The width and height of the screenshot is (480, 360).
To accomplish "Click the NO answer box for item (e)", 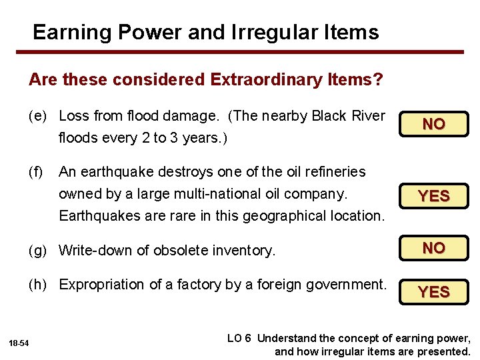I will click(x=434, y=124).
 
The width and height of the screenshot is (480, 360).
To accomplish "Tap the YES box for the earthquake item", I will click(x=434, y=196).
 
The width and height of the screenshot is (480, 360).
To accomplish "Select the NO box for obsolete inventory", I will click(x=434, y=248).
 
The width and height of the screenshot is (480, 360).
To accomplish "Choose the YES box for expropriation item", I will click(x=434, y=292).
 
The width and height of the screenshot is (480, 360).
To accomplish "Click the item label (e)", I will click(x=38, y=116).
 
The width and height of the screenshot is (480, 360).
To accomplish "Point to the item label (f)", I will click(x=37, y=172).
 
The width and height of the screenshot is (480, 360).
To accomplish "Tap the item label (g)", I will click(x=38, y=251).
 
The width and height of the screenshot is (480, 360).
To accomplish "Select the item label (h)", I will click(x=38, y=285).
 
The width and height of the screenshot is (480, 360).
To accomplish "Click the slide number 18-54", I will click(x=19, y=343).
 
